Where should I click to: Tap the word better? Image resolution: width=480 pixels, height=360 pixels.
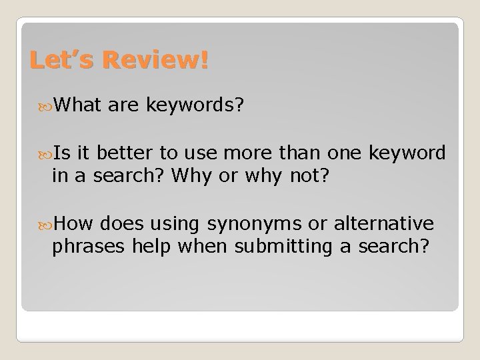pyautogui.click(x=133, y=153)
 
